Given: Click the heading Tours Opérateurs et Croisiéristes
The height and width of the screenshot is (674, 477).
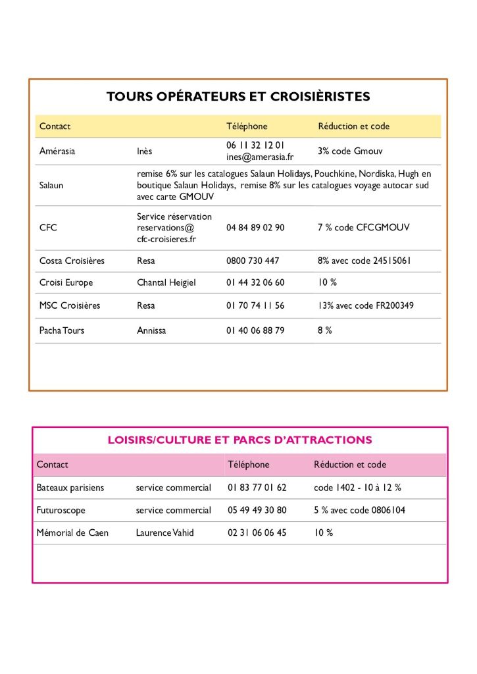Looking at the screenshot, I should point(238,97).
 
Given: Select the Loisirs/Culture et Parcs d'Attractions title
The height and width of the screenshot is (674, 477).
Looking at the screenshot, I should point(239,440).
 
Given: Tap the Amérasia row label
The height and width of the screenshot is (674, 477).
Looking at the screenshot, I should point(57,151).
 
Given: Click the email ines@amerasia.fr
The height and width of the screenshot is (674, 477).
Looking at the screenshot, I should point(260,157).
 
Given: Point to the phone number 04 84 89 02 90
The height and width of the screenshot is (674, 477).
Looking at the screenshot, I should point(255,227).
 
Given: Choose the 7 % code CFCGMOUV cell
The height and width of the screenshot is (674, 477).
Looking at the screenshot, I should point(363,227).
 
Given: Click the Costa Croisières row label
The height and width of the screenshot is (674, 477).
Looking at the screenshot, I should point(72,261).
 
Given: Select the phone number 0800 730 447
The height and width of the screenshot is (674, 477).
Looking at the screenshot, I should point(253,261).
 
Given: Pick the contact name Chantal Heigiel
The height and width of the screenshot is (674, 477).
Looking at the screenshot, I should point(166,282).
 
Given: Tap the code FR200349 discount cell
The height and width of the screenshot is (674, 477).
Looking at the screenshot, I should point(366,305).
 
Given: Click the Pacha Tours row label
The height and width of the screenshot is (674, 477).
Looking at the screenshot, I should point(62,330).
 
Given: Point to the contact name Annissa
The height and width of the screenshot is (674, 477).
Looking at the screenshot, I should point(151,330).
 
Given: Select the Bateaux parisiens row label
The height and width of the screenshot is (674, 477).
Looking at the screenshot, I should point(70,488).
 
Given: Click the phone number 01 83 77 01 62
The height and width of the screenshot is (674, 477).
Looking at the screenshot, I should point(257,488).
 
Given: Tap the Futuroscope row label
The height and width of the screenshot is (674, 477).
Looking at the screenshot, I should point(61,510).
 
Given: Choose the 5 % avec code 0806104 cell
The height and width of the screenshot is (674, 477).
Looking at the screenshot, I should point(359,510).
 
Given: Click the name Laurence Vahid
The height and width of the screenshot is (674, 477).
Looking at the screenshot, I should point(164,532).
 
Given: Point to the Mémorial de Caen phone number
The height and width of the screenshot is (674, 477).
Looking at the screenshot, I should point(257,532).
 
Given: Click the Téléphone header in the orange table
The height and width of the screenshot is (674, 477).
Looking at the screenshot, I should point(247,126).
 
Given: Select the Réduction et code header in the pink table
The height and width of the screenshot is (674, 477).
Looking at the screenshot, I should point(349,464).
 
